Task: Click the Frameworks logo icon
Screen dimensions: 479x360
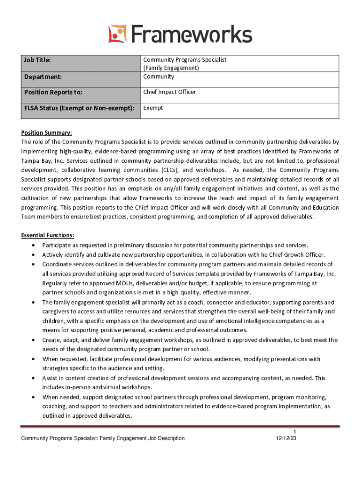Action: (117, 34)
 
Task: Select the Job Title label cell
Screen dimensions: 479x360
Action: (37, 60)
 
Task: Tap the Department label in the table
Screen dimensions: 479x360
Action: (43, 77)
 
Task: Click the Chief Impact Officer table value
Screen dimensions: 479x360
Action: (169, 92)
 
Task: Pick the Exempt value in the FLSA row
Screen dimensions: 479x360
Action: (153, 108)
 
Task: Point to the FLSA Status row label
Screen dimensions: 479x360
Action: (79, 109)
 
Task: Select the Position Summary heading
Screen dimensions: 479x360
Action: (46, 133)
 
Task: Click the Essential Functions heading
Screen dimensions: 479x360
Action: (47, 235)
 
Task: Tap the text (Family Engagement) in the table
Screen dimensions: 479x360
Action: (171, 68)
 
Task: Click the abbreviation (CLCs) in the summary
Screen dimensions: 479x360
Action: (171, 170)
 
